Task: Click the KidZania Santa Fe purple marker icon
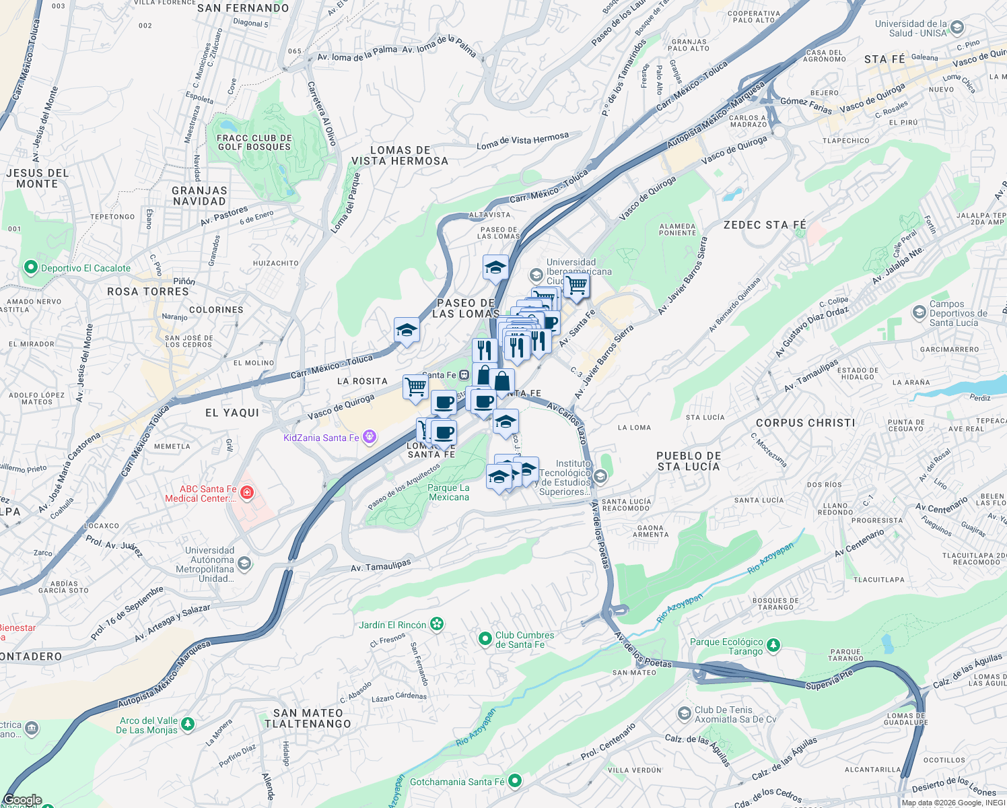coord(369,438)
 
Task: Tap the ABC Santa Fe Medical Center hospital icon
coord(247,494)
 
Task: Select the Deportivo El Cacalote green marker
coord(30,267)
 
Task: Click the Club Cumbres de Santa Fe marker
coord(485,638)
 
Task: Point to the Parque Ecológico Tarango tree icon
coord(773,646)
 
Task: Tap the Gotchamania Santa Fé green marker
coord(515,781)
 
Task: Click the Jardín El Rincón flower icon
coord(437,624)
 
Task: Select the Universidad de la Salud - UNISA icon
coord(957,28)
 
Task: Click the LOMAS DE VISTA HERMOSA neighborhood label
coord(400,156)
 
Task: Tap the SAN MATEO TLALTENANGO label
coord(308,718)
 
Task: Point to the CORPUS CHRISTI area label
coord(805,423)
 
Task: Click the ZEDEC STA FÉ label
coord(765,225)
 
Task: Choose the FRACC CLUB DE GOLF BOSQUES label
coord(254,142)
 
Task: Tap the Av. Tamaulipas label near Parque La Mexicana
coord(380,566)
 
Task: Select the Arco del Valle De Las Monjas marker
coord(188,725)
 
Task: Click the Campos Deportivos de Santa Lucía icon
coord(919,312)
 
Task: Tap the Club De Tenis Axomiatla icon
coord(684,713)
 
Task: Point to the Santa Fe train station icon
coord(464,375)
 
